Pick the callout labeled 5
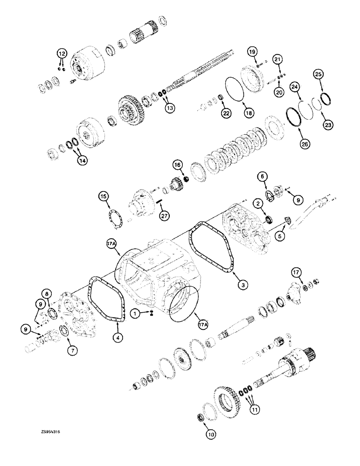click(x=280, y=236)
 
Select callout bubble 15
click(x=103, y=197)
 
